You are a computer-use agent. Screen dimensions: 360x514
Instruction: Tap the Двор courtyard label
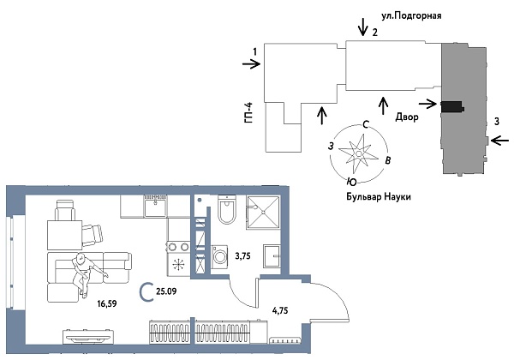[406, 117]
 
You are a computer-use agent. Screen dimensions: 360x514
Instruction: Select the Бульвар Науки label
[374, 196]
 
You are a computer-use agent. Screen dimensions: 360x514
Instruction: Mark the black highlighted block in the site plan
[451, 106]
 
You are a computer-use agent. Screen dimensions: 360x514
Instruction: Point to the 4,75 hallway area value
[281, 311]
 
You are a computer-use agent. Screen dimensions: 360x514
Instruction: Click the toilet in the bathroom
[226, 211]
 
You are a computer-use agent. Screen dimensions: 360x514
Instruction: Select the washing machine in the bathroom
[218, 255]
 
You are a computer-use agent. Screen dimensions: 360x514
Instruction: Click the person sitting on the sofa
[82, 267]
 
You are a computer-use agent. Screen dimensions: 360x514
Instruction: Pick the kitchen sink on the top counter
[156, 204]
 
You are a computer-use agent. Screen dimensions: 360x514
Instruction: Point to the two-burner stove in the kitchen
[180, 263]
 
